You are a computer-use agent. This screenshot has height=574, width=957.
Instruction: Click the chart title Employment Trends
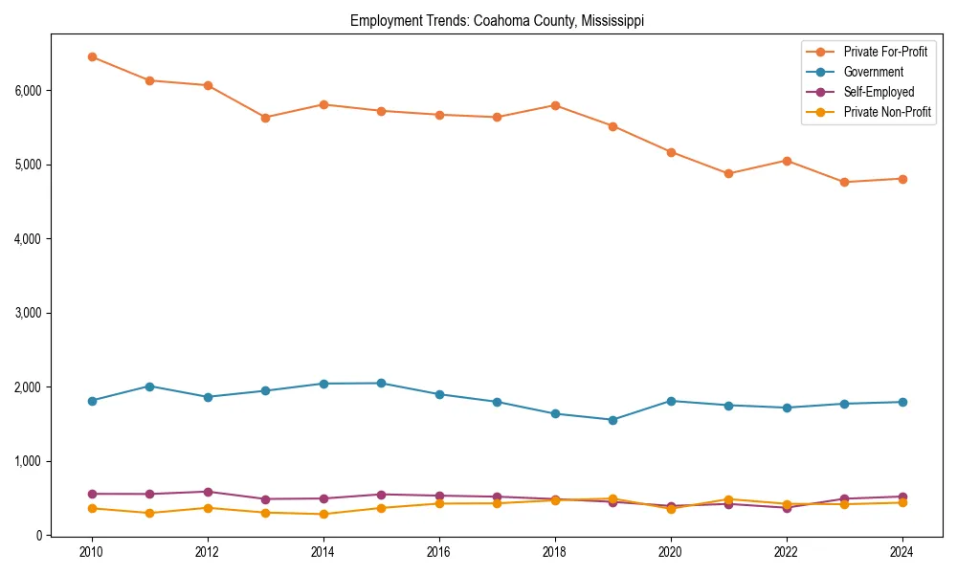click(497, 20)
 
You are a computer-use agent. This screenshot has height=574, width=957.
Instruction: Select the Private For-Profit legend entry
click(885, 52)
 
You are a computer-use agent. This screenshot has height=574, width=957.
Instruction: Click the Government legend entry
click(873, 72)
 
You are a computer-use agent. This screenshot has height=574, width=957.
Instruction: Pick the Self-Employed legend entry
click(879, 92)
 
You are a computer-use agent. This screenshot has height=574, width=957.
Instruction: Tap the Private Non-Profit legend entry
click(887, 112)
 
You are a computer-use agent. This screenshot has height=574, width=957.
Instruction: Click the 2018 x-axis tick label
click(555, 553)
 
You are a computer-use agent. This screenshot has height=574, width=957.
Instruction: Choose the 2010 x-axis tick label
click(92, 553)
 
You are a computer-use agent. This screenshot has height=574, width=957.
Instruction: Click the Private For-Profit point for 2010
click(92, 56)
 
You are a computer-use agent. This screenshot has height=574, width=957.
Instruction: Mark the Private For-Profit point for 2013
click(265, 118)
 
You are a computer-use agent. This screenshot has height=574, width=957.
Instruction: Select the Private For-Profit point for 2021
click(728, 173)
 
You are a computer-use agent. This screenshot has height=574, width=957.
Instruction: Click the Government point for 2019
click(612, 420)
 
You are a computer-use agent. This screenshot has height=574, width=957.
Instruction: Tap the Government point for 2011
click(149, 386)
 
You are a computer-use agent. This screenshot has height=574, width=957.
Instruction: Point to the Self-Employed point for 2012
click(208, 492)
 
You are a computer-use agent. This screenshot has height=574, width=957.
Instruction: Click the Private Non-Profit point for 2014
click(323, 514)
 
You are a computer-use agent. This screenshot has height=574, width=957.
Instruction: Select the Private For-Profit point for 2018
click(555, 105)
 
